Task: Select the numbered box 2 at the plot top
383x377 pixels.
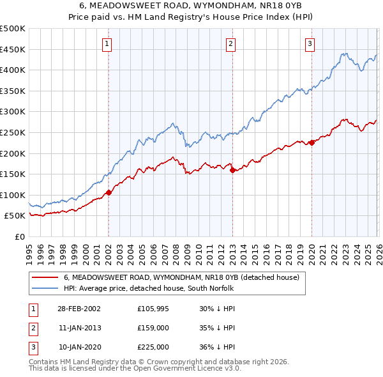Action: click(230, 44)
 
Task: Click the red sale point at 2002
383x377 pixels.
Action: click(109, 192)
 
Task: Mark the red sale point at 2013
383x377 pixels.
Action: click(232, 170)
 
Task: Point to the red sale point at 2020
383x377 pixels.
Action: click(311, 142)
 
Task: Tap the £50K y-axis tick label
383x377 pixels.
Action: click(15, 216)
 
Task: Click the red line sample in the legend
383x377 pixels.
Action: click(45, 278)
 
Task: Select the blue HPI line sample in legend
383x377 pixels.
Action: click(45, 288)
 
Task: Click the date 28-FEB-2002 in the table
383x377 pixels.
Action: click(79, 309)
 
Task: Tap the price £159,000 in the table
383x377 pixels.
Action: click(153, 328)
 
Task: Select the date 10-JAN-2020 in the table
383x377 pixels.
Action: click(79, 347)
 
